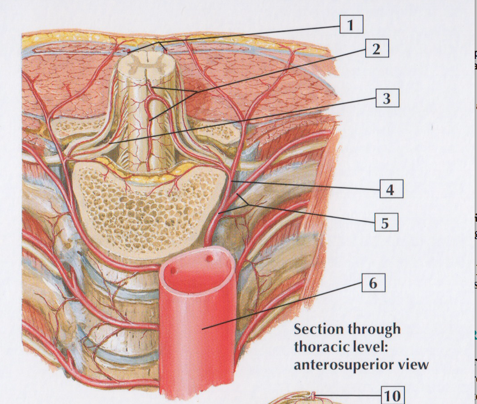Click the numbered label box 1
coord(351,25)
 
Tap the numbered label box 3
coord(386,99)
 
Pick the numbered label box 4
coord(390,190)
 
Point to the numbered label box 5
coord(386,222)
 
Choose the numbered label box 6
coord(373,283)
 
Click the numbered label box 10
coord(392,396)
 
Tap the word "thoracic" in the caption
coord(318,347)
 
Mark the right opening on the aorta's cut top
coord(210,259)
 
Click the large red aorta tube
coord(196,337)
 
